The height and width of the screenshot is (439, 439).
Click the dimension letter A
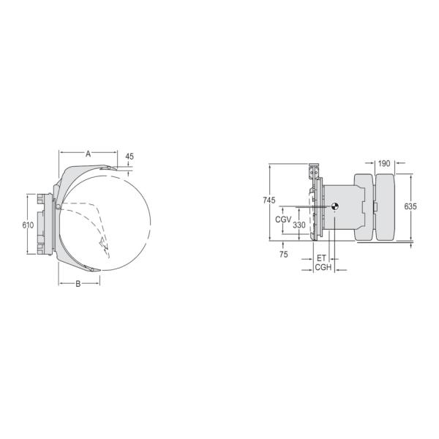88,154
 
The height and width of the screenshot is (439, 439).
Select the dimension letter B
78,284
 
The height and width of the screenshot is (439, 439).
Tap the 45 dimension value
130,157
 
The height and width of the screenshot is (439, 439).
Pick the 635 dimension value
410,207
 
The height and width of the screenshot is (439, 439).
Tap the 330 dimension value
299,225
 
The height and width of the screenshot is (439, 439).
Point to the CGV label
283,219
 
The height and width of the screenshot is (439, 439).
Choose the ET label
321,258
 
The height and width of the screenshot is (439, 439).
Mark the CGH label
323,268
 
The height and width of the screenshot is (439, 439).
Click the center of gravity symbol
334,206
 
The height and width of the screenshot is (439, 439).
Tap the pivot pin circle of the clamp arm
57,206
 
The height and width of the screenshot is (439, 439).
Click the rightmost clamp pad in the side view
386,207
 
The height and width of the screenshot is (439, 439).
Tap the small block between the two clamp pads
374,208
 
